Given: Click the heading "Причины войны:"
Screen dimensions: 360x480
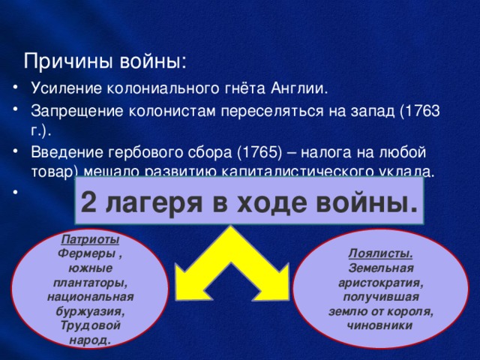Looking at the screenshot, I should click(x=106, y=59).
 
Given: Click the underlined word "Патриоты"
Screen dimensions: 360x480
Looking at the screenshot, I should click(x=88, y=241).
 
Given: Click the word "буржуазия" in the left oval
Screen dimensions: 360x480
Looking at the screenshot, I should click(x=89, y=309).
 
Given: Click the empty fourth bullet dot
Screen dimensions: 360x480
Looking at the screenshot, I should click(x=16, y=191).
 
